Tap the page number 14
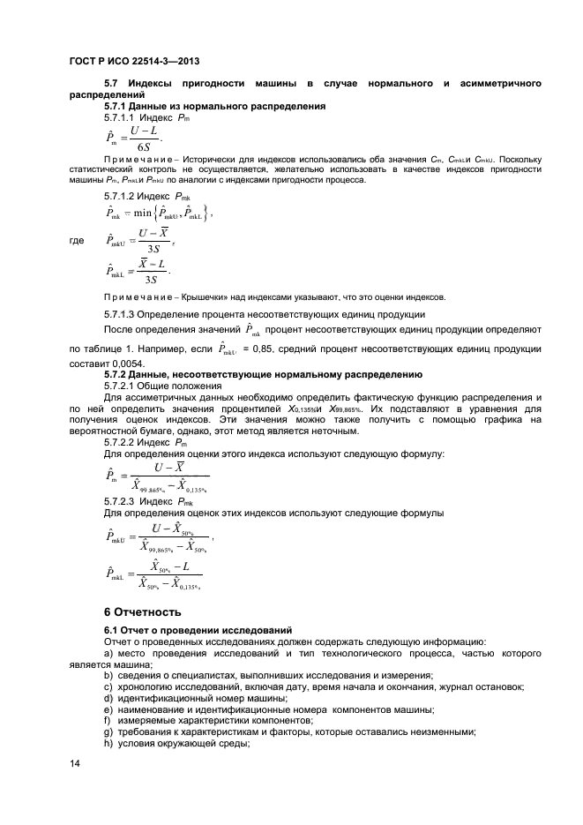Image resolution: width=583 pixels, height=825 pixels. (x=74, y=764)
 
